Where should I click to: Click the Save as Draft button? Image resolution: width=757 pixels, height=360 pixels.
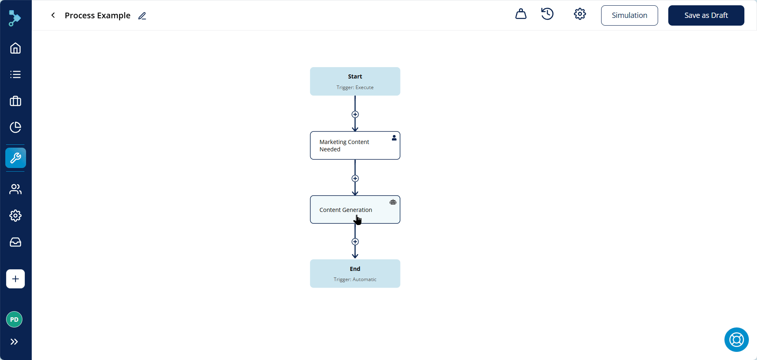(x=706, y=15)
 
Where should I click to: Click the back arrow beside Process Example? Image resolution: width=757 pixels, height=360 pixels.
(x=53, y=15)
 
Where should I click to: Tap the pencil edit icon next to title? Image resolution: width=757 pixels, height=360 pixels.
(x=142, y=16)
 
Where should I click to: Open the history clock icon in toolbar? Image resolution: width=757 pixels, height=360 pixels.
(x=547, y=14)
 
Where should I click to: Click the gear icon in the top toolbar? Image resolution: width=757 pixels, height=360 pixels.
(x=580, y=14)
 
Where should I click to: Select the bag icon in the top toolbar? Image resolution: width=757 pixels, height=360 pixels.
(x=521, y=14)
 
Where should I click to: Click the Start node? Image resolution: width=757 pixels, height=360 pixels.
(x=355, y=81)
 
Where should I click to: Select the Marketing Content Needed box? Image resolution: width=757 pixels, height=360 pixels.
(x=355, y=145)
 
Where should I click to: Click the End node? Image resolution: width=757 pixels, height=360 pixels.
(x=355, y=273)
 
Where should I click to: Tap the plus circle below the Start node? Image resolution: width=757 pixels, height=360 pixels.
(x=355, y=114)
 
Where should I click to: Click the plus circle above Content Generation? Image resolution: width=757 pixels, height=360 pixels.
(x=355, y=179)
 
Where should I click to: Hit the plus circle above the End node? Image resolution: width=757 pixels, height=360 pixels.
(x=355, y=242)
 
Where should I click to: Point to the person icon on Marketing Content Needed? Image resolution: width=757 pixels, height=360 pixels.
(x=394, y=138)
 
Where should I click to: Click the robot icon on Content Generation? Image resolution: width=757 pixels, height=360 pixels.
(x=393, y=202)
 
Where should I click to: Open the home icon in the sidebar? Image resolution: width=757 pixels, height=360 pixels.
(x=15, y=48)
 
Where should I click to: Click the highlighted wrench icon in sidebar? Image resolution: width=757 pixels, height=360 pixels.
(x=15, y=158)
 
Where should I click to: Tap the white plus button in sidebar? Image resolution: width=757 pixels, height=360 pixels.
(x=15, y=279)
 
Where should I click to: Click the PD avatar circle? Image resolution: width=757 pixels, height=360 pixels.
(x=14, y=319)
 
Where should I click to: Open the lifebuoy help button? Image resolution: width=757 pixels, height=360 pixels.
(x=737, y=340)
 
